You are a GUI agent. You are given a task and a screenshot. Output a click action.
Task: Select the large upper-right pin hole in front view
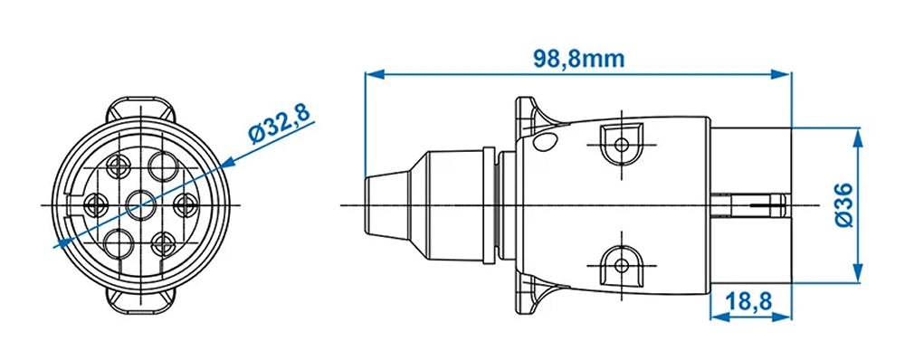click(165, 166)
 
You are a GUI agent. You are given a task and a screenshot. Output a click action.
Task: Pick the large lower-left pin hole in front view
click(117, 242)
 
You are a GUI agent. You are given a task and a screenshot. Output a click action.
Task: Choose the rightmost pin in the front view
click(186, 204)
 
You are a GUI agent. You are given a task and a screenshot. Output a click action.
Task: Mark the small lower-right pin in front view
click(164, 242)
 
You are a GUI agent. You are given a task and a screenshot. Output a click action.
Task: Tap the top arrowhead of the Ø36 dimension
click(855, 133)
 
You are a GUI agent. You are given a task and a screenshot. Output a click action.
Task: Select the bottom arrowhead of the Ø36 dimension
click(855, 278)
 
